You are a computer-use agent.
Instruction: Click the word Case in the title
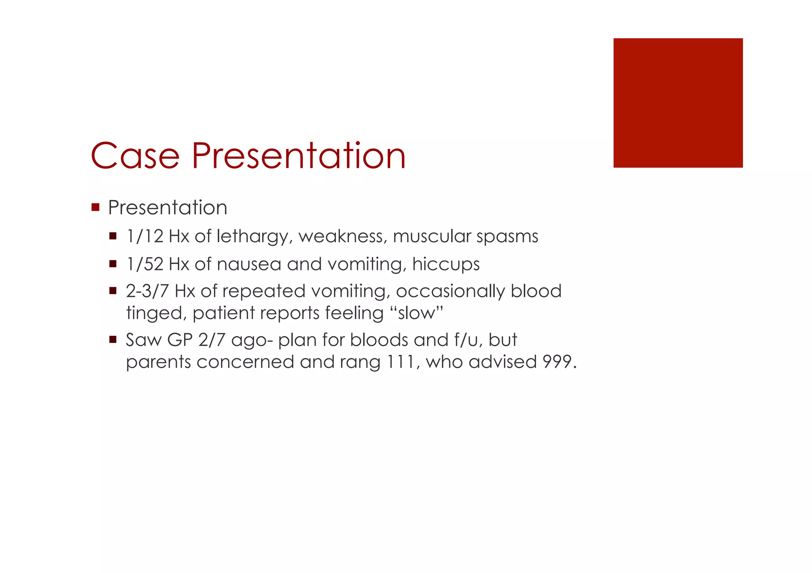[135, 156]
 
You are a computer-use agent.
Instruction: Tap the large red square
[678, 103]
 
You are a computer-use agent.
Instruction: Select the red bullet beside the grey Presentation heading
[95, 207]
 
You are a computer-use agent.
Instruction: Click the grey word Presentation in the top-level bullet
[167, 208]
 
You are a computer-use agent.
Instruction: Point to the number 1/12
[145, 236]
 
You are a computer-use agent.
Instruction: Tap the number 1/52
[145, 264]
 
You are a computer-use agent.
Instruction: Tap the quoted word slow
[416, 313]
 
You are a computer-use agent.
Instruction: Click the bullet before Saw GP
[113, 339]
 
